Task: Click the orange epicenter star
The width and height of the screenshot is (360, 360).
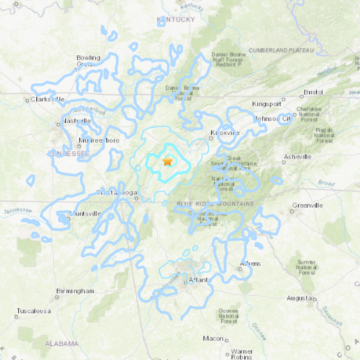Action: [x=167, y=161]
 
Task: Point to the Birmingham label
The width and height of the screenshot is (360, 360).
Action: [x=76, y=291]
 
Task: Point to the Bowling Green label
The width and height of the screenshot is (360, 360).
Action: [x=89, y=61]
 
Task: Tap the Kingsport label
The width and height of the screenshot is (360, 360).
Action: [x=267, y=104]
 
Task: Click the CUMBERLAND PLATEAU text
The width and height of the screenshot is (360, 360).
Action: [x=282, y=50]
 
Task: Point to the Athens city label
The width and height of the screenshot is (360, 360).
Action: [x=251, y=264]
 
